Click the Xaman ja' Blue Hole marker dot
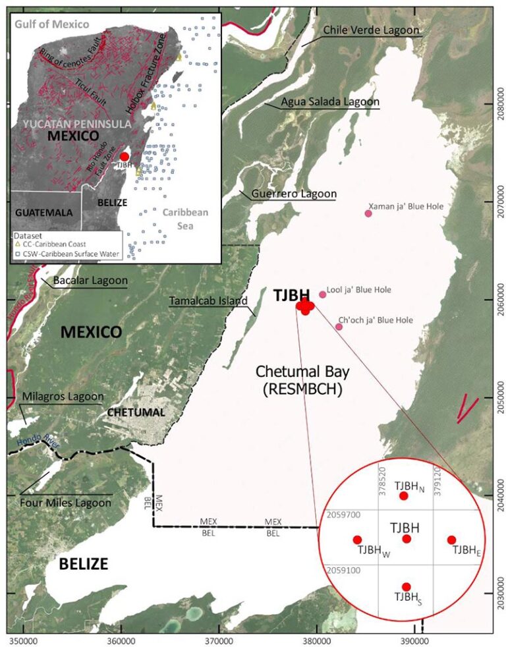[x=368, y=213]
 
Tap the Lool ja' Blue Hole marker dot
[x=322, y=295]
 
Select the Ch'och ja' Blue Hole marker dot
[x=339, y=327]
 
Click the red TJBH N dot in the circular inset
[x=404, y=495]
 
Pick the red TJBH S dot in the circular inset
[x=406, y=586]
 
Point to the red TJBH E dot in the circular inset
[x=451, y=540]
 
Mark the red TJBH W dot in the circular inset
[x=357, y=540]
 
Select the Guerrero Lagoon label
[x=293, y=194]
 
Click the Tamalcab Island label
[x=208, y=301]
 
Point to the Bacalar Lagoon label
[x=92, y=281]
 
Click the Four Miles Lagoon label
[x=66, y=503]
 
